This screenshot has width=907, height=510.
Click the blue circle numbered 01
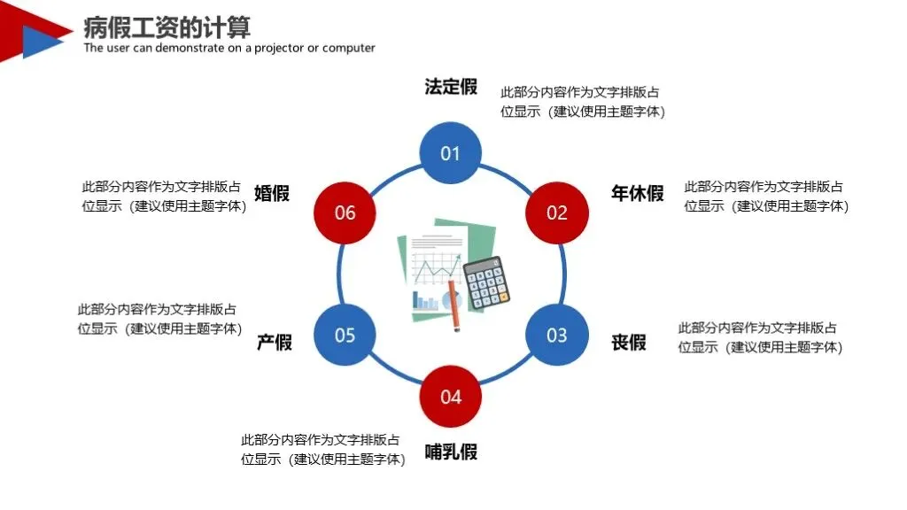pyautogui.click(x=451, y=153)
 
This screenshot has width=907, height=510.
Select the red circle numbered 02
pyautogui.click(x=556, y=212)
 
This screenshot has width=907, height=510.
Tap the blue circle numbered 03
pyautogui.click(x=556, y=335)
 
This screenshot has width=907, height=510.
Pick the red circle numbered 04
pyautogui.click(x=451, y=396)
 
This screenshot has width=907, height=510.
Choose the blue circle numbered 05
pyautogui.click(x=345, y=335)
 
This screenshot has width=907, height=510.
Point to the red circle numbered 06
pyautogui.click(x=345, y=212)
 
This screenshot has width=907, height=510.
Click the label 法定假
pyautogui.click(x=451, y=87)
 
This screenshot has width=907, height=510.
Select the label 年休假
pyautogui.click(x=637, y=194)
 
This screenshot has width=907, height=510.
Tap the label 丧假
pyautogui.click(x=629, y=342)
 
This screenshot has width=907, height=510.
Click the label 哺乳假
pyautogui.click(x=451, y=452)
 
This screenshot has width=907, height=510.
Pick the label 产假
pyautogui.click(x=274, y=342)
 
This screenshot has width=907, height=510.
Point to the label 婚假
pyautogui.click(x=272, y=194)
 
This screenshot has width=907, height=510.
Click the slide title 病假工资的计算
pyautogui.click(x=167, y=27)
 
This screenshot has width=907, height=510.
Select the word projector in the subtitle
pyautogui.click(x=279, y=48)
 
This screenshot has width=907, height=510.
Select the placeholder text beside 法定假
pyautogui.click(x=582, y=102)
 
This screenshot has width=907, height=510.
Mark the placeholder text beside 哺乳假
pyautogui.click(x=322, y=450)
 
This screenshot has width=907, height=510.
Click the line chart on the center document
pyautogui.click(x=439, y=267)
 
